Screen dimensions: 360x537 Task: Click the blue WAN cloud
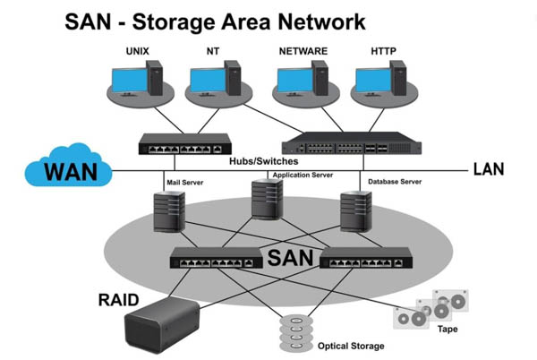(x=68, y=169)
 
